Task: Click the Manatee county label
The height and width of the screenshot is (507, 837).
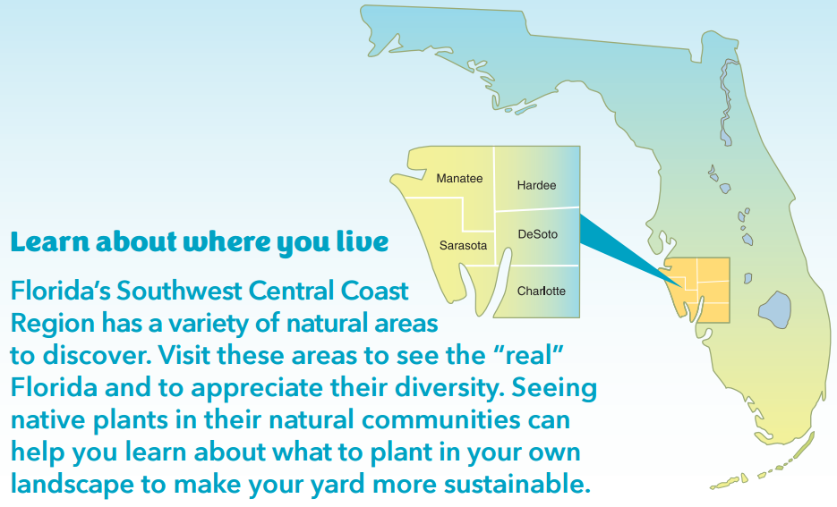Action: pyautogui.click(x=459, y=179)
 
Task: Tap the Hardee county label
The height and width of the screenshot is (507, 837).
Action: pyautogui.click(x=536, y=185)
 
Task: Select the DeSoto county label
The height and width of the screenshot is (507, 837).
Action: pyautogui.click(x=537, y=234)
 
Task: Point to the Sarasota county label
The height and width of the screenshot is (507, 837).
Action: pyautogui.click(x=463, y=245)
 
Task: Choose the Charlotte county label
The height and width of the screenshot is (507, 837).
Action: pyautogui.click(x=542, y=292)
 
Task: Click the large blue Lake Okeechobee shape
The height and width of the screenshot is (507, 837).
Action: pyautogui.click(x=774, y=309)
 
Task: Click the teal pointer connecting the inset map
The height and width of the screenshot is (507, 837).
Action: pyautogui.click(x=625, y=248)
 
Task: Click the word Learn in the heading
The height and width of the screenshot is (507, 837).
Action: pyautogui.click(x=49, y=242)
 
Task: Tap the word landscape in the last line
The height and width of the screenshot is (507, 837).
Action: pyautogui.click(x=73, y=486)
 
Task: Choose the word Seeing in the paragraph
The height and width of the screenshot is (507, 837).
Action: pyautogui.click(x=554, y=389)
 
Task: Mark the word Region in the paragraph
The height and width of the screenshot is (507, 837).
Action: pyautogui.click(x=52, y=324)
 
